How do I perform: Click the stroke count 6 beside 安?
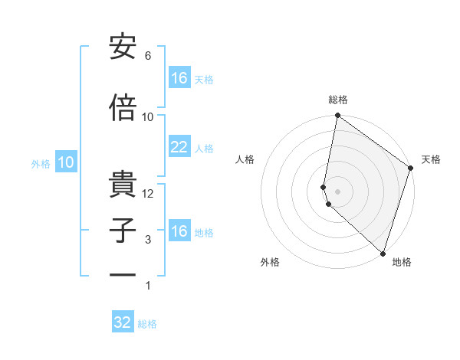(148, 56)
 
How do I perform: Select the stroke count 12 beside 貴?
(148, 194)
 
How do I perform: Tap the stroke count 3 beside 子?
(148, 240)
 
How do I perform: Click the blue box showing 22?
(179, 147)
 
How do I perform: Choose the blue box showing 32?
(123, 322)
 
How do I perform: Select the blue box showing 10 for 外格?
(65, 162)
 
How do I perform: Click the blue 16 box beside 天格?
(179, 78)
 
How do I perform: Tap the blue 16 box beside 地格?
(179, 231)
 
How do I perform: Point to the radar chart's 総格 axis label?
(338, 100)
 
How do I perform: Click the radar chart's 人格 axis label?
(245, 159)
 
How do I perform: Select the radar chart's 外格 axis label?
(270, 262)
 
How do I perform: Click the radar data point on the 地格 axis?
(383, 253)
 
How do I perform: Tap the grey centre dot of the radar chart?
(338, 191)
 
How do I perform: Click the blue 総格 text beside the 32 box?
(147, 324)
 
